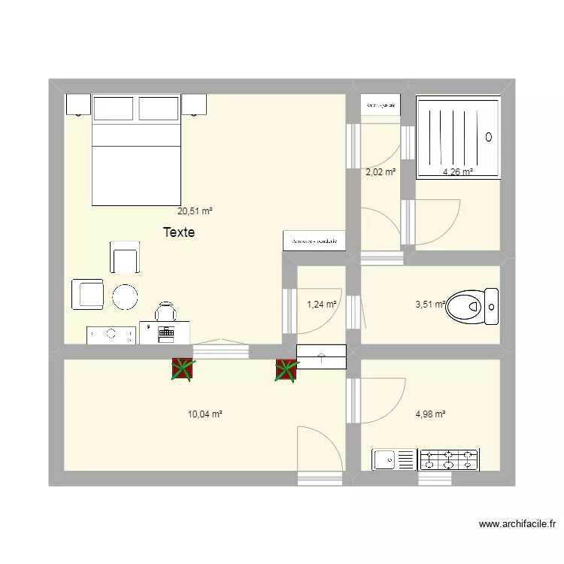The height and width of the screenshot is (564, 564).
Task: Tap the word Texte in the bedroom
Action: pos(179,233)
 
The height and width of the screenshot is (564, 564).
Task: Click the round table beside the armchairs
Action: pos(125,297)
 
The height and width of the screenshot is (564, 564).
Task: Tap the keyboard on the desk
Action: pos(166,332)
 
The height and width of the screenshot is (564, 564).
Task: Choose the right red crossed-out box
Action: pos(287,370)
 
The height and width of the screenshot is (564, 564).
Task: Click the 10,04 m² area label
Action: pos(205,414)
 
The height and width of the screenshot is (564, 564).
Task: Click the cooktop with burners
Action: pos(449,459)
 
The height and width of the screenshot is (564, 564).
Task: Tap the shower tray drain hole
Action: pos(489,137)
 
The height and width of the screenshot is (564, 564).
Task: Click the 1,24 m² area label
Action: pos(320,305)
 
